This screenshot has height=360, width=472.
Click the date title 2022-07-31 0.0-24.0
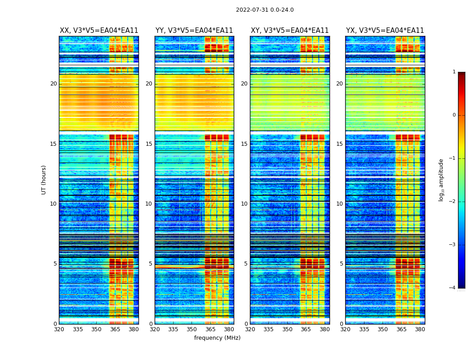click(265, 10)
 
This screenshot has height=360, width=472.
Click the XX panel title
click(99, 31)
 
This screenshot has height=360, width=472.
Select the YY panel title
click(194, 31)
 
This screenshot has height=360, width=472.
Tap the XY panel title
click(289, 31)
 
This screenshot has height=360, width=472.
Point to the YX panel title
click(385, 31)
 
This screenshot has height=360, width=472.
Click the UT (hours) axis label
click(44, 180)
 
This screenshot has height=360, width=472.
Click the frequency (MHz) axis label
click(217, 338)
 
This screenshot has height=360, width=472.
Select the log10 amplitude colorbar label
click(441, 180)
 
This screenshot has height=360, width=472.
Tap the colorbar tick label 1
click(454, 72)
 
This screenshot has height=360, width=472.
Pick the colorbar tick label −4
click(453, 288)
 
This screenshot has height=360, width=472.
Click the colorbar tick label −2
click(453, 202)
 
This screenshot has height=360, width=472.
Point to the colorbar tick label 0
click(454, 115)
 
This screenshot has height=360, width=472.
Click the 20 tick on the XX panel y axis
click(53, 84)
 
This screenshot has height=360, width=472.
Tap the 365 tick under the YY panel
click(210, 329)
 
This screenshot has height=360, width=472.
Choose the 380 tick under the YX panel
click(420, 329)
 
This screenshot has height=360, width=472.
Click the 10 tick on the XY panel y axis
click(244, 204)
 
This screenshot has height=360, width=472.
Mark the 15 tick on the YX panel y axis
click(339, 144)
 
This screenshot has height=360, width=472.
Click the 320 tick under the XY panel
click(250, 329)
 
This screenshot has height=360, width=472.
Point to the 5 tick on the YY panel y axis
click(151, 264)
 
